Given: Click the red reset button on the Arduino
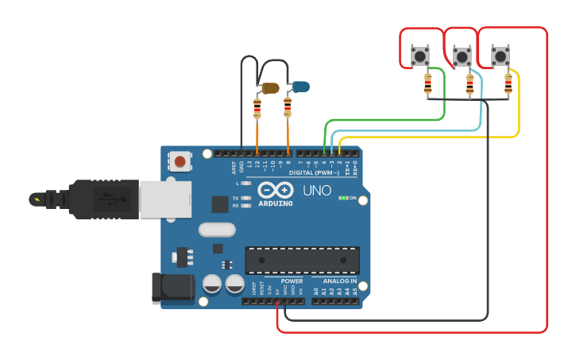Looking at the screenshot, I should pyautogui.click(x=180, y=162).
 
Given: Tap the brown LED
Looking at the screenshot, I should pyautogui.click(x=270, y=88).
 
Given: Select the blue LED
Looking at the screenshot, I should pyautogui.click(x=300, y=86).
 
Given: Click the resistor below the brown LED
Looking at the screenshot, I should pyautogui.click(x=257, y=107).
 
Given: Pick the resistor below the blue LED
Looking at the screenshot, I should pyautogui.click(x=288, y=107).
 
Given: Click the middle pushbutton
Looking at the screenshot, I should pyautogui.click(x=461, y=56).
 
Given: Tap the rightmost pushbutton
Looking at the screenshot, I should pyautogui.click(x=501, y=56).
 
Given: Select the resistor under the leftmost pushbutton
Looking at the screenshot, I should pyautogui.click(x=427, y=82).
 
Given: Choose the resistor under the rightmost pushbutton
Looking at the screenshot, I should pyautogui.click(x=508, y=83).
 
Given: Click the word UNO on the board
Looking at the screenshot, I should pyautogui.click(x=317, y=191).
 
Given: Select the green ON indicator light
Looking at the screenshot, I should pyautogui.click(x=342, y=198).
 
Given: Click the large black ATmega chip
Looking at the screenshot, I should pyautogui.click(x=302, y=260).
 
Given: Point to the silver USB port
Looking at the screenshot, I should pyautogui.click(x=164, y=199).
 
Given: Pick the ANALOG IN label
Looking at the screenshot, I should pyautogui.click(x=339, y=281).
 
